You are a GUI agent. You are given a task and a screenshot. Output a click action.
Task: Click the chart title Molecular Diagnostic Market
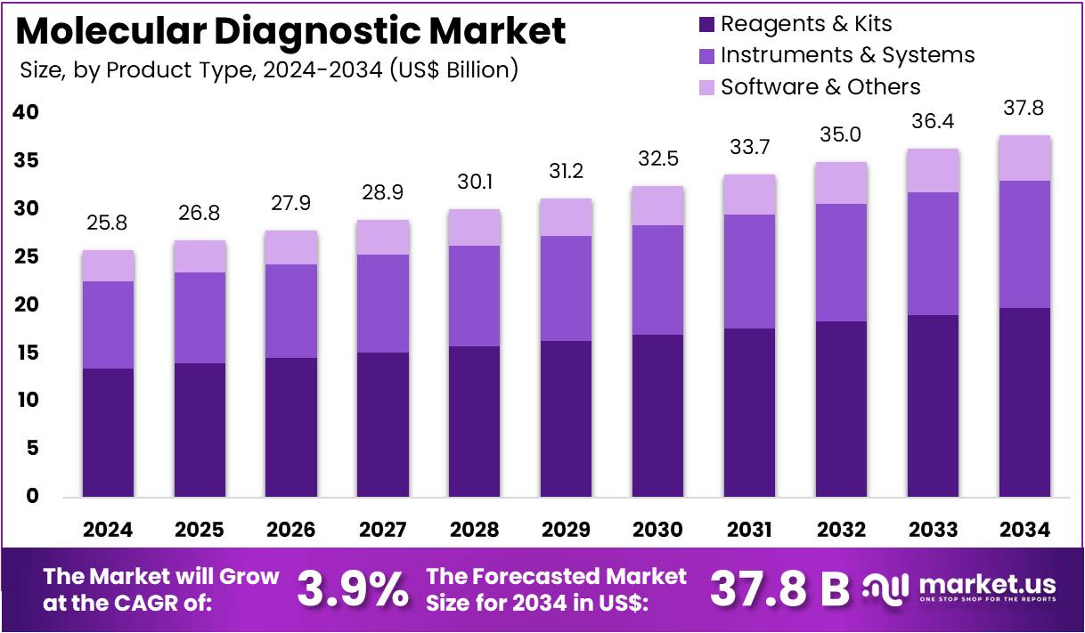click(290, 31)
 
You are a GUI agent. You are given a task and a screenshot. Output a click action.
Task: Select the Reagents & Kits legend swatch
click(707, 24)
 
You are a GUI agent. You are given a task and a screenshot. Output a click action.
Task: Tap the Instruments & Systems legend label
click(847, 55)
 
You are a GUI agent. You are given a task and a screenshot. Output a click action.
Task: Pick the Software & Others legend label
click(820, 86)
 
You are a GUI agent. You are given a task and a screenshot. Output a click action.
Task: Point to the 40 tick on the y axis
click(27, 112)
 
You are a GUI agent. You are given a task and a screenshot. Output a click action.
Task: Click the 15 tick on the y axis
click(27, 353)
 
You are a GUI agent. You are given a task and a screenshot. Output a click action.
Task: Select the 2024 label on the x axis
click(108, 530)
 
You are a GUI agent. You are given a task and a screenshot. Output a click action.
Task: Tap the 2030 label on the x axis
click(657, 530)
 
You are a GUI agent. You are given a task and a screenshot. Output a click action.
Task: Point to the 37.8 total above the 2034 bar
click(1024, 109)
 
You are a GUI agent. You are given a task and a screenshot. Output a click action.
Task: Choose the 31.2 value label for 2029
click(566, 171)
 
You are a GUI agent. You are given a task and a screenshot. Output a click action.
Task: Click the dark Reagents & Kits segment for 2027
click(383, 424)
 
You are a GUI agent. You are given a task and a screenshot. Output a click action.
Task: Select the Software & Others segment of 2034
click(1024, 158)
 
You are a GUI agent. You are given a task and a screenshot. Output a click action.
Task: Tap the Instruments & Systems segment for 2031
click(749, 272)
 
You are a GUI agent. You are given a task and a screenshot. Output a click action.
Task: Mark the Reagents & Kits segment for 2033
click(933, 405)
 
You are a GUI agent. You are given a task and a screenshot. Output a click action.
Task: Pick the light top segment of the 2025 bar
click(200, 256)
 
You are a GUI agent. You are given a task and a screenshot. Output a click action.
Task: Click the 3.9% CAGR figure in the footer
click(352, 588)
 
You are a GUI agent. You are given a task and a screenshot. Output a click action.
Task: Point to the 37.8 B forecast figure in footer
click(779, 588)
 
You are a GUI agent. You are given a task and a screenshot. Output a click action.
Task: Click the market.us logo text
click(986, 585)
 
